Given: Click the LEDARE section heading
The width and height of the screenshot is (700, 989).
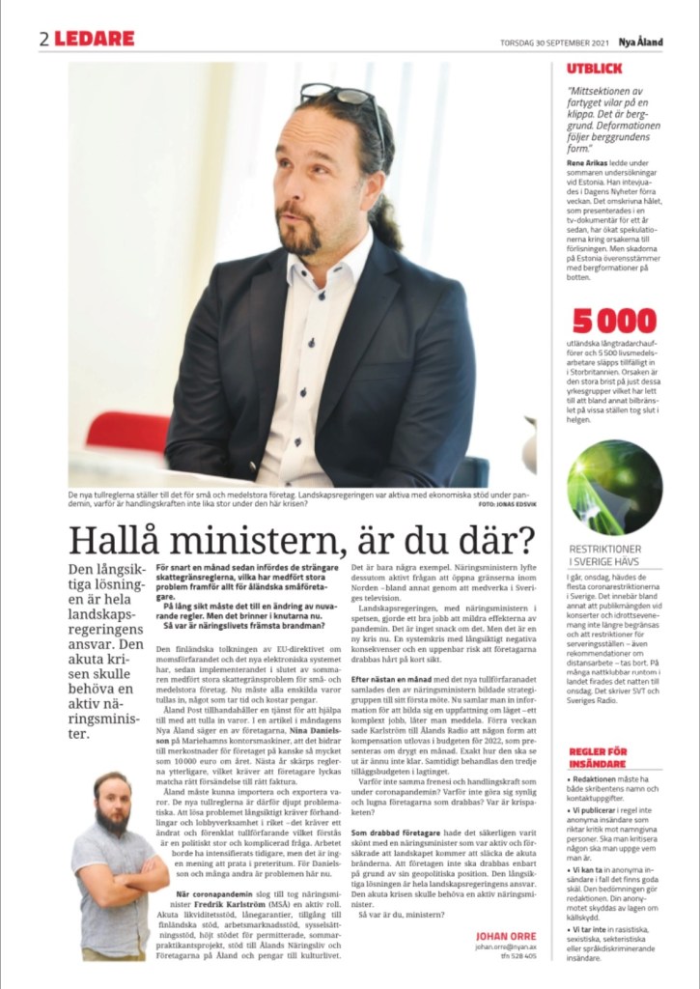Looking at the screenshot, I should click(94, 40).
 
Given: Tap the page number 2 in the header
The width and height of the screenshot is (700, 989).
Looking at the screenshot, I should click(44, 40).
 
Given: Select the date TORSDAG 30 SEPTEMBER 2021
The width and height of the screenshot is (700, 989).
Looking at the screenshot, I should click(555, 42).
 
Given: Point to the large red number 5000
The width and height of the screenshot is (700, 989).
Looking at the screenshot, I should click(614, 321).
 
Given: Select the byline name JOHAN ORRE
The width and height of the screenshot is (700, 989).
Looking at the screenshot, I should click(506, 936).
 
